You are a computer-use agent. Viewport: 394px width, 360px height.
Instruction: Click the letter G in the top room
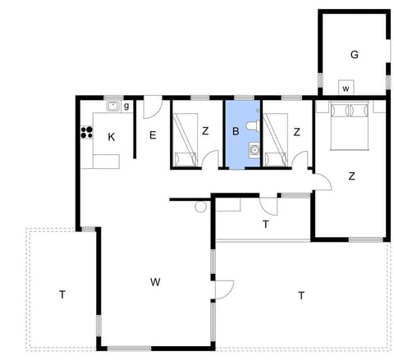coord(354,55)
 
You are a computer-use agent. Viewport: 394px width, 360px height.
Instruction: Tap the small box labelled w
coord(346,88)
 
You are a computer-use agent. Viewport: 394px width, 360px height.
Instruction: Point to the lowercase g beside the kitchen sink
coord(126,106)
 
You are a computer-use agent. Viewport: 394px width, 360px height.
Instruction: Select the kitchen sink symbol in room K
coord(112,106)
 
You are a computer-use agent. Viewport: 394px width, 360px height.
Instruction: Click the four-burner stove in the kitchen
coord(85,131)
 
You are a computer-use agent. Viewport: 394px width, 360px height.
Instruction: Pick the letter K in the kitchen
coord(112,137)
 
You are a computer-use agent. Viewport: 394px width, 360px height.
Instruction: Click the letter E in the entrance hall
coord(153,137)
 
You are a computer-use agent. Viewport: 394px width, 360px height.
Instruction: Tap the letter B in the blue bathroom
coord(235,131)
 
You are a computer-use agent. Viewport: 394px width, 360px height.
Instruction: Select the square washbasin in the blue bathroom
coord(254,149)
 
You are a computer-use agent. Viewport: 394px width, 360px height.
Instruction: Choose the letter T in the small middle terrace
coord(265,224)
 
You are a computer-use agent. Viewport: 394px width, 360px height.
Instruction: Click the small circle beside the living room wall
coord(200,207)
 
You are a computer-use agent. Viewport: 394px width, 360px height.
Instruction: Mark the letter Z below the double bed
coord(351,175)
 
